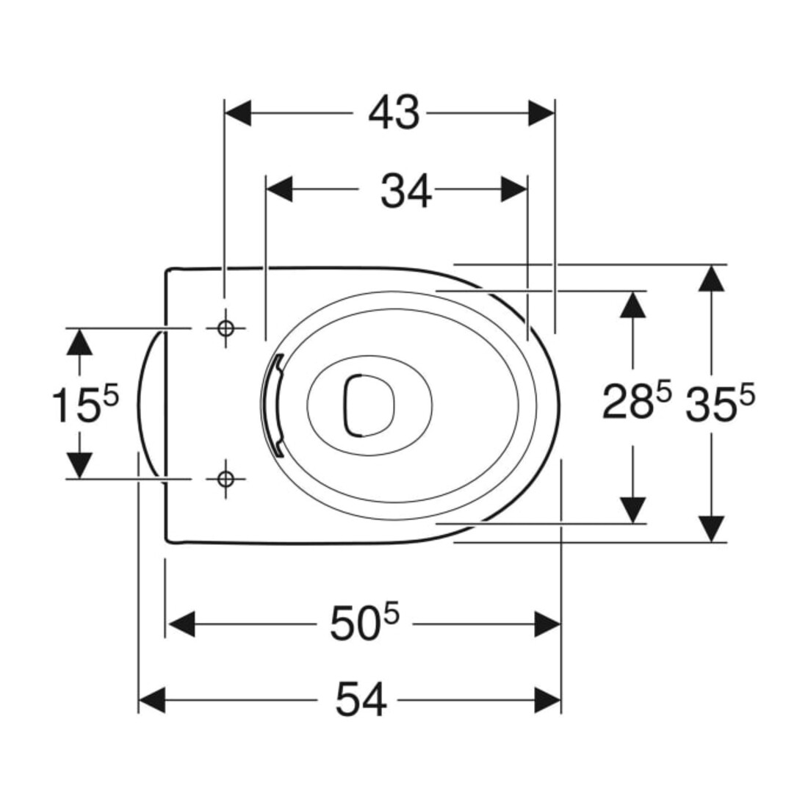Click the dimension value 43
coord(394,113)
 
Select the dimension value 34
coord(406,191)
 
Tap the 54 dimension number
coord(361,700)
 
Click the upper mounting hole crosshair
coord(226,328)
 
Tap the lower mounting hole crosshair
coord(226,479)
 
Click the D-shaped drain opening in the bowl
coord(369,405)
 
